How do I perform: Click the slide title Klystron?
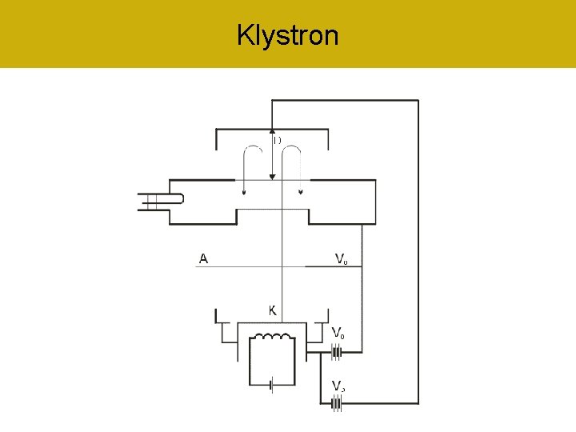pyautogui.click(x=288, y=35)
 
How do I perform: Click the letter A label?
pyautogui.click(x=204, y=258)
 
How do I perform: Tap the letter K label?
pyautogui.click(x=273, y=310)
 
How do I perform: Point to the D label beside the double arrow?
pyautogui.click(x=277, y=141)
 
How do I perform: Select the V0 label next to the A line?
pyautogui.click(x=340, y=258)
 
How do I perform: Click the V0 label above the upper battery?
pyautogui.click(x=339, y=333)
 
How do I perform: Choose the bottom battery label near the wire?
pyautogui.click(x=339, y=387)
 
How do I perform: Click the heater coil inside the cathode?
pyautogui.click(x=274, y=340)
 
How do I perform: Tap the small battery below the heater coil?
pyautogui.click(x=273, y=386)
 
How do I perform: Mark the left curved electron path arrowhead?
pyautogui.click(x=244, y=191)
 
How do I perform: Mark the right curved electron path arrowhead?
pyautogui.click(x=301, y=191)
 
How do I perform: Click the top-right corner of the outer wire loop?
pyautogui.click(x=418, y=100)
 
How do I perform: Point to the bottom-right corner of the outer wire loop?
pyautogui.click(x=418, y=403)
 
